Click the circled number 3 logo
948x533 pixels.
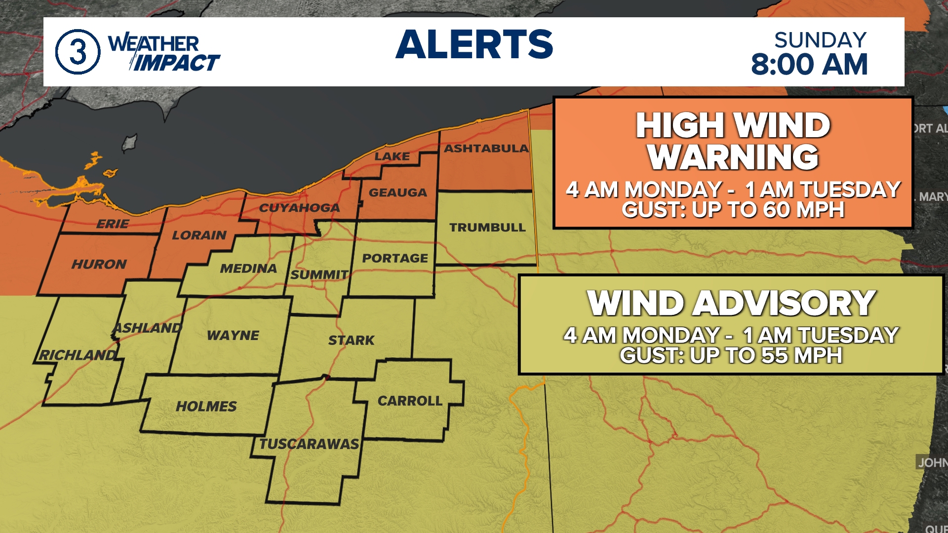point(78,51)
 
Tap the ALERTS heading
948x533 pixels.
point(474,44)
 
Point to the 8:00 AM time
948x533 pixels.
point(809,65)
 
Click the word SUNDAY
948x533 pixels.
point(820,40)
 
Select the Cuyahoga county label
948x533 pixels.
point(299,208)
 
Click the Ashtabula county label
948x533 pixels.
point(486,148)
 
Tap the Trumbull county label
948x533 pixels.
point(487,228)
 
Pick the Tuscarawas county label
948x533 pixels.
point(309,444)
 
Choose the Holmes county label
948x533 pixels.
point(206,406)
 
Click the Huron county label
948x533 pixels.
point(99,265)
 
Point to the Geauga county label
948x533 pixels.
point(397,192)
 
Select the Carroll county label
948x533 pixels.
point(410,401)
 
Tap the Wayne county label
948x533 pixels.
point(233,336)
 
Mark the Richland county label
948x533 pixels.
point(78,355)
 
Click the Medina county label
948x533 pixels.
point(248,268)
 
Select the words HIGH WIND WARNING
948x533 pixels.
point(733,141)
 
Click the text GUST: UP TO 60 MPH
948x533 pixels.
point(733,210)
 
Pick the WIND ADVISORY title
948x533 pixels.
point(731,303)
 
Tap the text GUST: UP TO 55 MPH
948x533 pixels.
point(731,355)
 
